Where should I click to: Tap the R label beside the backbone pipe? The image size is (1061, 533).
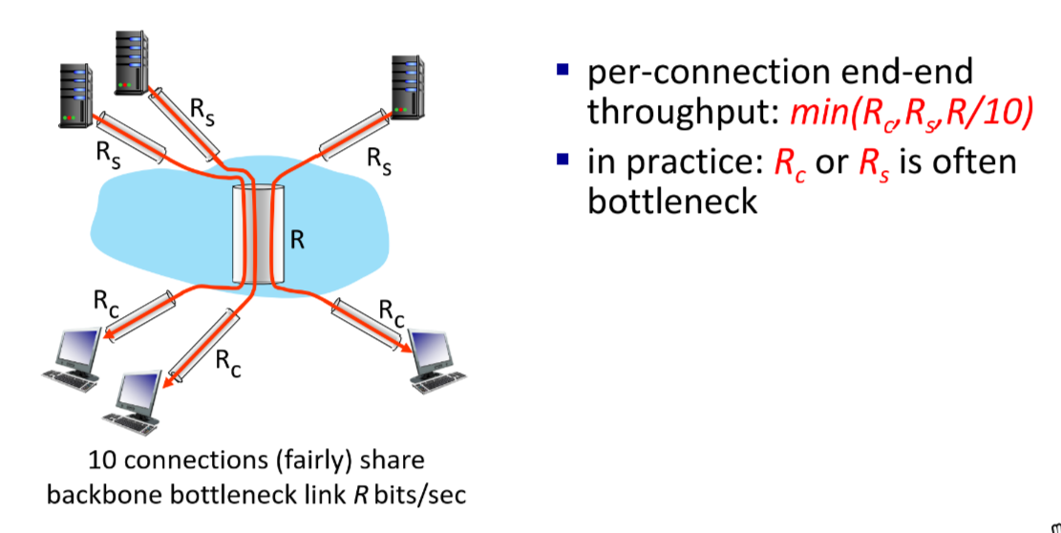point(297,239)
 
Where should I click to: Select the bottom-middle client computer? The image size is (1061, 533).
point(137,399)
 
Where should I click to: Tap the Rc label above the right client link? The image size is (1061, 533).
point(392,309)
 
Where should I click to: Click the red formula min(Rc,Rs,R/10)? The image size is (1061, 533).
point(913,112)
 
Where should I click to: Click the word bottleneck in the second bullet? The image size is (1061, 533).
point(672,202)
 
